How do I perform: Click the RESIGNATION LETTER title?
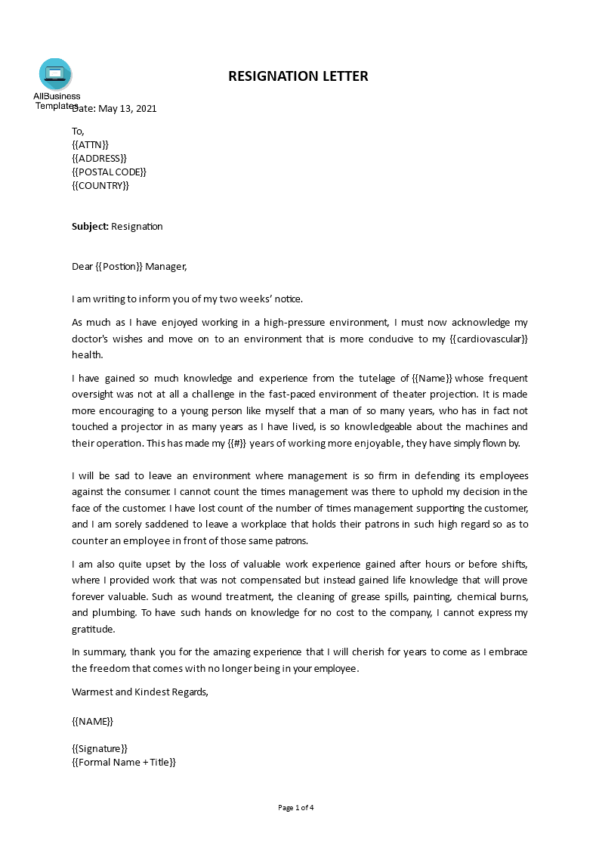pos(298,76)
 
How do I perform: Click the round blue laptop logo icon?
pos(55,74)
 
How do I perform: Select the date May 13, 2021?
pos(127,108)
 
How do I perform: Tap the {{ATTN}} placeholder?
pos(90,144)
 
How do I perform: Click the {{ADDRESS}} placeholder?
pos(99,158)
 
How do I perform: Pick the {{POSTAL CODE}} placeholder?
pos(109,172)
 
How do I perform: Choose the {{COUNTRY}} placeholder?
pos(100,186)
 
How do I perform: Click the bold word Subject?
pos(91,227)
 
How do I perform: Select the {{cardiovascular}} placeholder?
pos(489,339)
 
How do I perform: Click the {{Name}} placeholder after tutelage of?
pos(432,379)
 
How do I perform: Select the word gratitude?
pos(93,630)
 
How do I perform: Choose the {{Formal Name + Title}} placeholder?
pos(124,763)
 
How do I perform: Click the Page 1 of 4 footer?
pos(296,808)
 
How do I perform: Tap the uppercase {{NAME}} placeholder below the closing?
pos(92,721)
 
